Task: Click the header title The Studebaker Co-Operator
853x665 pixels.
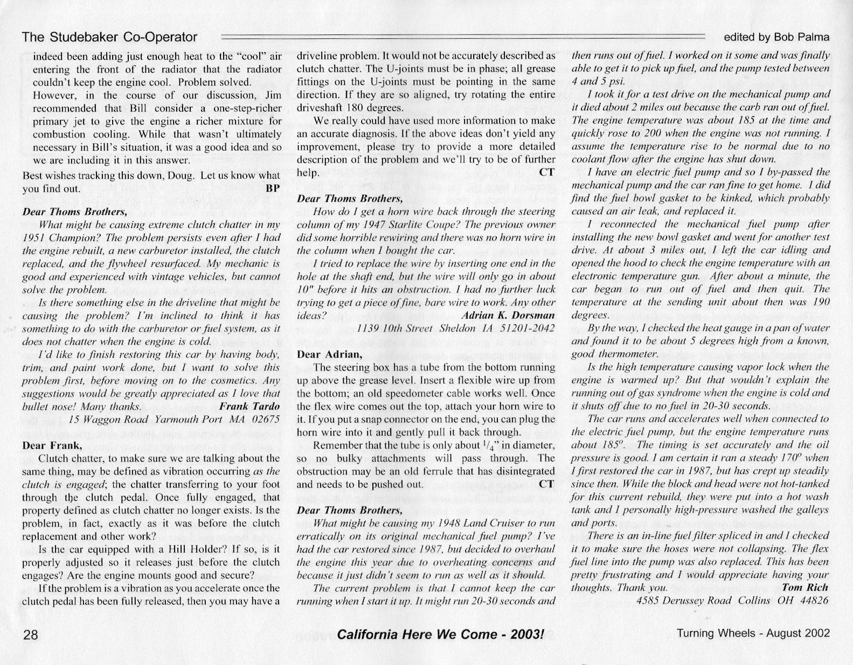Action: click(110, 37)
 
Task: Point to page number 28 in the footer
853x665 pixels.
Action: click(29, 634)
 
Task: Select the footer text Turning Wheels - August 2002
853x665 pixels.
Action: click(753, 633)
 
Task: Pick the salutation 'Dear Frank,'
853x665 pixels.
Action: click(51, 445)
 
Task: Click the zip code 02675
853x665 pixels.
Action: click(265, 419)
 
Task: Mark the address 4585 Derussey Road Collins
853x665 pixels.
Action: click(703, 600)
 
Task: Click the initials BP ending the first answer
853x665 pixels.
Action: click(273, 189)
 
